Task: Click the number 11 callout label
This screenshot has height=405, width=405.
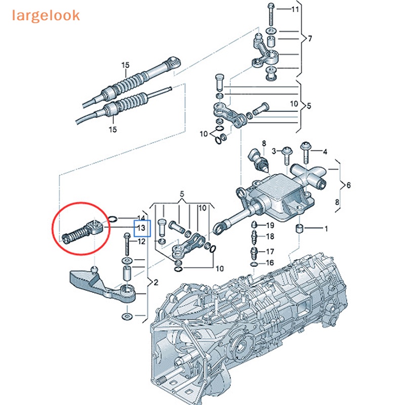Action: [295, 9]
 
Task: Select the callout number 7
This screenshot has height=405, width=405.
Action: [310, 38]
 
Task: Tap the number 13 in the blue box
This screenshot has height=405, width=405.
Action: [142, 228]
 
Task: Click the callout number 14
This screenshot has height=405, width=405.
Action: [142, 217]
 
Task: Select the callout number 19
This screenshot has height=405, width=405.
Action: [270, 225]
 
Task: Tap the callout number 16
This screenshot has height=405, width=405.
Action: [270, 263]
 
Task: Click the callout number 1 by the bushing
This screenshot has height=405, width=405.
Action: [326, 229]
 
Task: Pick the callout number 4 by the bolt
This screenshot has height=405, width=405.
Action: [326, 151]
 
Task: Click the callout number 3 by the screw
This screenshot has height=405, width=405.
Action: [274, 151]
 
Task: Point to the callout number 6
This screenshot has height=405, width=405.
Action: [348, 186]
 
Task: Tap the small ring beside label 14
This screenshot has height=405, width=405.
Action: [114, 219]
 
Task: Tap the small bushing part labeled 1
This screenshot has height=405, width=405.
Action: [301, 228]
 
